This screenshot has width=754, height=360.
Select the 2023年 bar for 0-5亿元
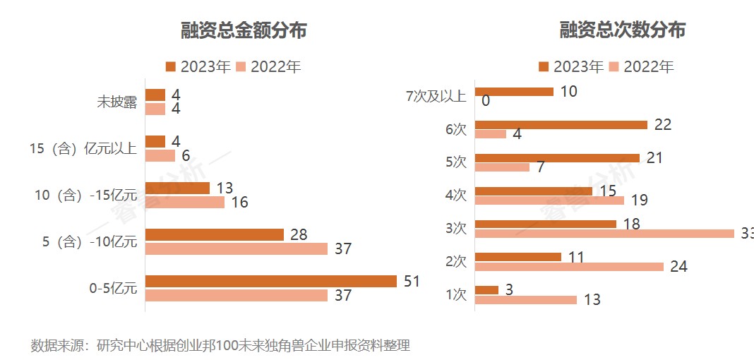271,281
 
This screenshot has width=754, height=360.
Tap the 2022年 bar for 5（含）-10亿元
237,248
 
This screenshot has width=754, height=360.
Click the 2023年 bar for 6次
561,125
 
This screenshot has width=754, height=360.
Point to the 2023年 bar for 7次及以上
514,91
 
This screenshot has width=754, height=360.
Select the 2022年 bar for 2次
569,266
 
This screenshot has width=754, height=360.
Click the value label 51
412,282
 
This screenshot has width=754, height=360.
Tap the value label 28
299,234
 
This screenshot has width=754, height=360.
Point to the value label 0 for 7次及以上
486,101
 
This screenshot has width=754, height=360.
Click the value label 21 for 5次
654,157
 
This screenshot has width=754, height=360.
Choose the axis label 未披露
116,102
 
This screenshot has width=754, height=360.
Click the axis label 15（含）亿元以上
83,149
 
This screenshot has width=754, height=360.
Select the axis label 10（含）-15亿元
83,196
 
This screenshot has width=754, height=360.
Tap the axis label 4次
457,195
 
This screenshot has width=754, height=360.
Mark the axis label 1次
457,294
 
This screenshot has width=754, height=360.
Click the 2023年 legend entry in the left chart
198,67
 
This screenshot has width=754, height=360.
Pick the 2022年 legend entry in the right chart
641,67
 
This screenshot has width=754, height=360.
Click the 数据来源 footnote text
220,345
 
